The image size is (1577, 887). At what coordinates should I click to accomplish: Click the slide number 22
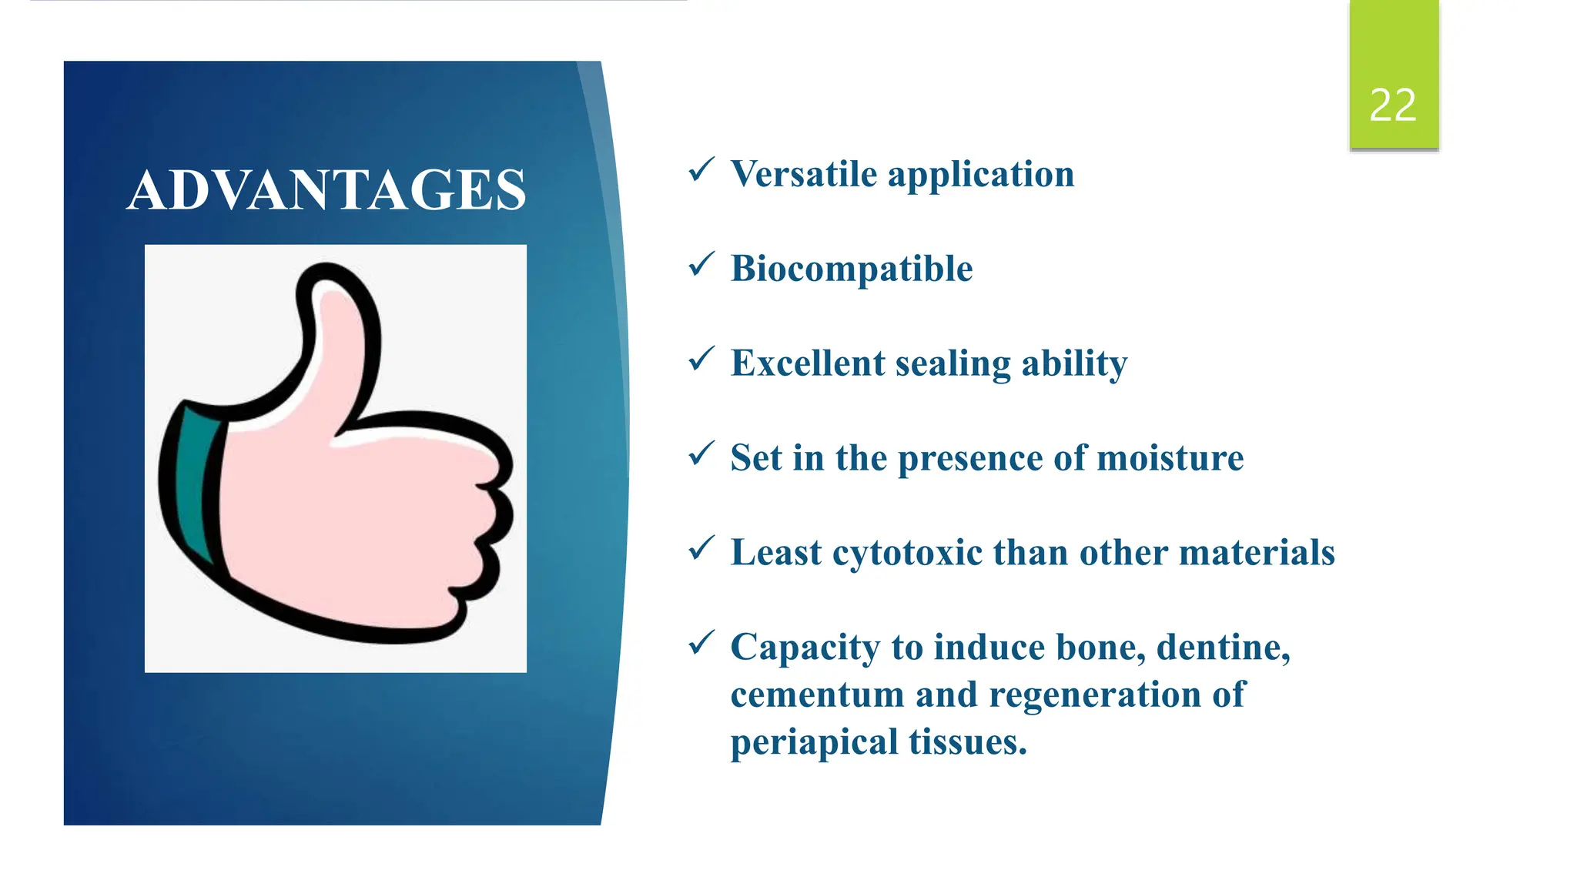point(1392,105)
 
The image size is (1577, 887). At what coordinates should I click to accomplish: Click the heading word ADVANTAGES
point(326,190)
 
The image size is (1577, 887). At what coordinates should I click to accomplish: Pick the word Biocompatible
point(851,269)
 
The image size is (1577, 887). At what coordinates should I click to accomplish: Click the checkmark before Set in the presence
point(701,454)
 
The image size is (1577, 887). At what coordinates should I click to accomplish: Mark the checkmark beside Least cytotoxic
point(701,548)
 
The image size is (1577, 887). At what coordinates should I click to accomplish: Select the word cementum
point(817,695)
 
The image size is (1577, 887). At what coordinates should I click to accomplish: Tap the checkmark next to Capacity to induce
point(701,643)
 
